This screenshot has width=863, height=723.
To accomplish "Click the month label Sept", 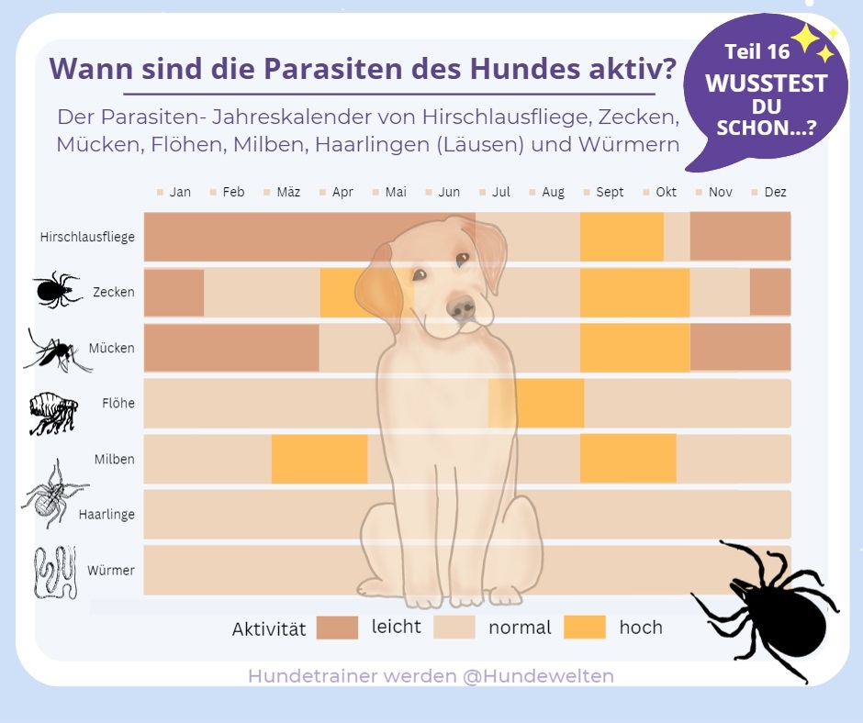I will click(610, 193).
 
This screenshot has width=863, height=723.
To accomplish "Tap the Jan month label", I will click(180, 193).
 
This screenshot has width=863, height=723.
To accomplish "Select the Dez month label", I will click(775, 193).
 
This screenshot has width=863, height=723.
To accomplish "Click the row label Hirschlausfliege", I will click(87, 237).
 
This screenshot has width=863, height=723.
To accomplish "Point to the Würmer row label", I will click(111, 571).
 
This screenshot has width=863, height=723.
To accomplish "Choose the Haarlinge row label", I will click(106, 515).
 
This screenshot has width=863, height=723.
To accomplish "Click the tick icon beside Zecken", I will click(57, 290).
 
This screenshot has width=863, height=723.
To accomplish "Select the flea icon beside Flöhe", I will click(53, 413).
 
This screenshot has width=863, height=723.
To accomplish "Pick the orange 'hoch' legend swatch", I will click(585, 628).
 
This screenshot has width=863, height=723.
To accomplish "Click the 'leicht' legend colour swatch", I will click(337, 628).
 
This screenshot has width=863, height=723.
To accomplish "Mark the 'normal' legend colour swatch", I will click(454, 628).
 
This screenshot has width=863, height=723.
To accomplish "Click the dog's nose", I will click(462, 309).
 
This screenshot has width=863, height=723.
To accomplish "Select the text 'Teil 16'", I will click(757, 51).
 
